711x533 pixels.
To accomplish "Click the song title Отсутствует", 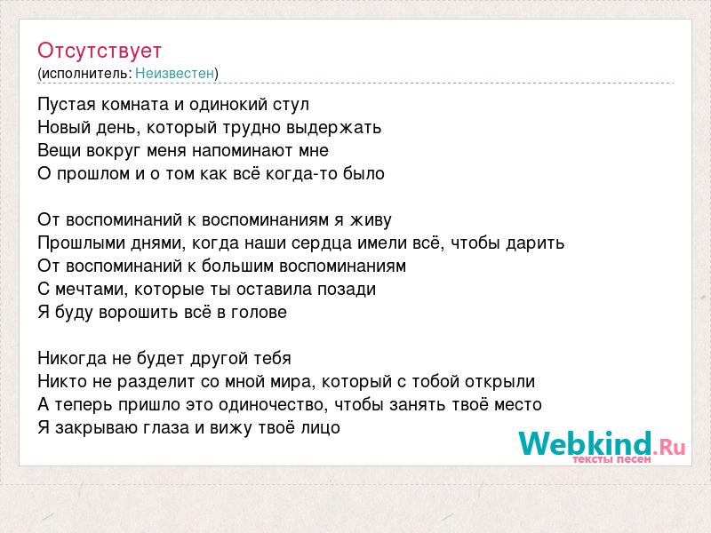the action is (100, 51).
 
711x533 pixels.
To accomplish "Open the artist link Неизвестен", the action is (174, 73).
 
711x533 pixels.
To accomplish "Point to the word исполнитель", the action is (85, 74).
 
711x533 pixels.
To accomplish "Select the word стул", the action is (291, 105).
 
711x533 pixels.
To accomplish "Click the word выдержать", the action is (333, 128).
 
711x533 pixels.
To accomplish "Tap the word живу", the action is (371, 220).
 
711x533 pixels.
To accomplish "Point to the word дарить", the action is (535, 243).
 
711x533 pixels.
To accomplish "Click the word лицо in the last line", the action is (320, 428).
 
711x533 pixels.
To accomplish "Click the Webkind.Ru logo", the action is (602, 446).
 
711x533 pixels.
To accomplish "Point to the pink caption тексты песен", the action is (611, 459).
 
